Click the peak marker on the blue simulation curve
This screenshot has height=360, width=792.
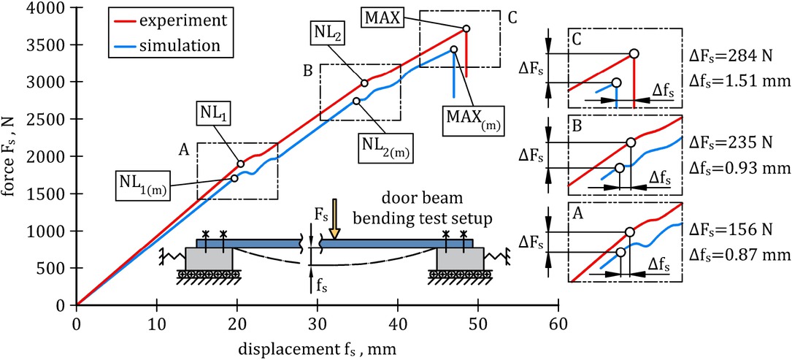[x=453, y=50]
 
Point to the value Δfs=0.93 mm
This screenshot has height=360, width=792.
[x=739, y=168]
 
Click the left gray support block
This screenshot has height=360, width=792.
[x=209, y=258]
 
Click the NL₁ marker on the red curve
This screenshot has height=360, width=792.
[x=240, y=164]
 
